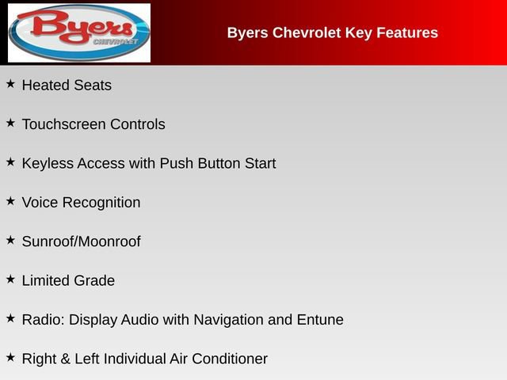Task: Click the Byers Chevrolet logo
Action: (x=78, y=32)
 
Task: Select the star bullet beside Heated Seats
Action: (x=10, y=83)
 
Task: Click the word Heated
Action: (x=46, y=85)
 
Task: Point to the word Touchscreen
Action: (x=63, y=124)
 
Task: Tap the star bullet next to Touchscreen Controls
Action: (x=10, y=122)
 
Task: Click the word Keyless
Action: (x=48, y=164)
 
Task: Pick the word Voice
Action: (x=40, y=203)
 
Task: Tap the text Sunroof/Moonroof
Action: (x=81, y=241)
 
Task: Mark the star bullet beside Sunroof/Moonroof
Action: (x=10, y=239)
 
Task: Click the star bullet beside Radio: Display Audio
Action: (x=10, y=317)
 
